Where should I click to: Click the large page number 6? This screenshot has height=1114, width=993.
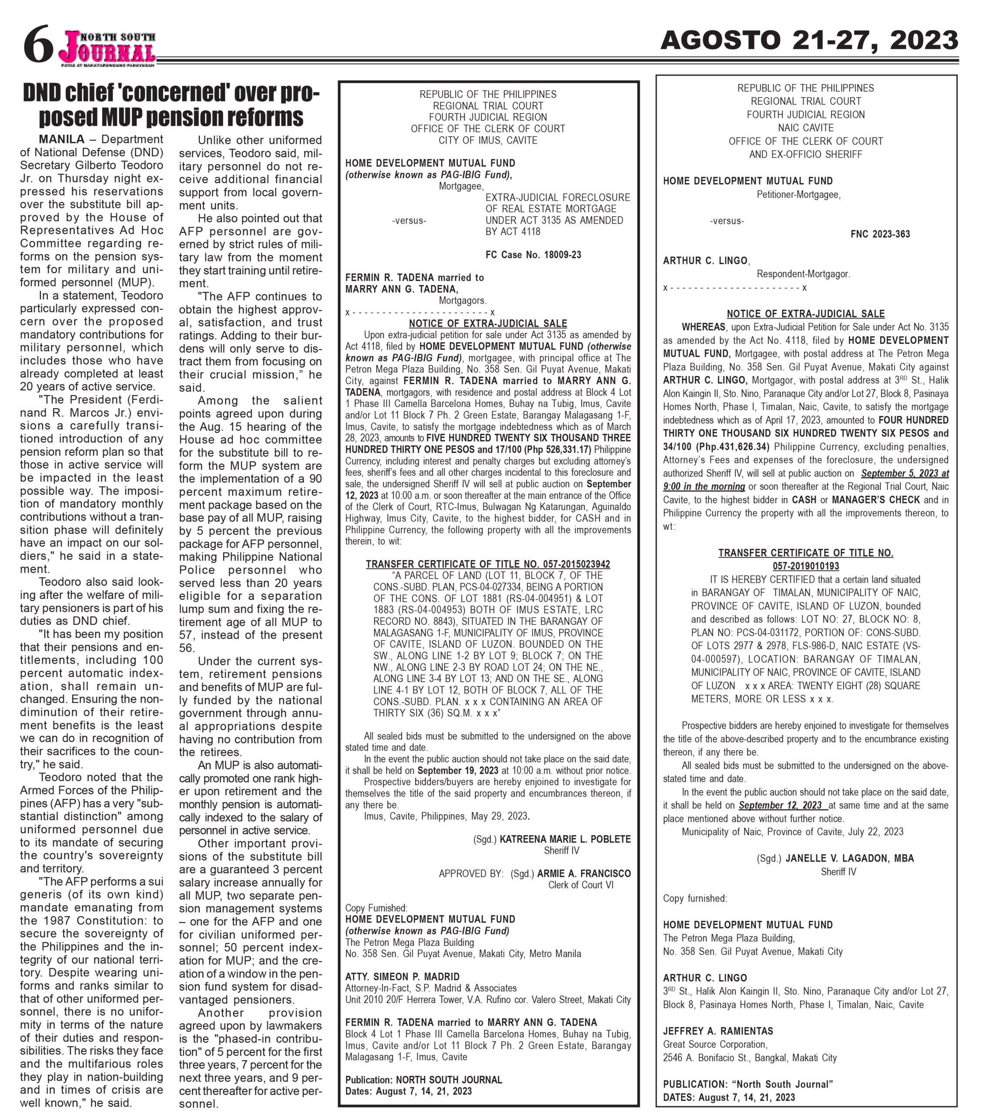coord(38,45)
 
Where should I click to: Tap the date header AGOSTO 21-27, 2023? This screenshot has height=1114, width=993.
coord(808,40)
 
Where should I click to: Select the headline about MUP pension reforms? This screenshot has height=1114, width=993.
coord(171,105)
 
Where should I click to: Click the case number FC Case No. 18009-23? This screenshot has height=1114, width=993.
coord(533,255)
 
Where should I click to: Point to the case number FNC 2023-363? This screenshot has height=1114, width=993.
coord(880,234)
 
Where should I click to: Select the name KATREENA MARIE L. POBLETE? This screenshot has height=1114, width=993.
coord(565,839)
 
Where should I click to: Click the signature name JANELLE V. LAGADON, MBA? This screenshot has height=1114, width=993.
coord(849,858)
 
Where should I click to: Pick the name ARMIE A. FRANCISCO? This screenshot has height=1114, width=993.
coord(584,873)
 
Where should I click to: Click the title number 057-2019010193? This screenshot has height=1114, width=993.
coord(805,566)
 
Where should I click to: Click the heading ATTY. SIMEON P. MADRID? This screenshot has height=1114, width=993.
coord(402,976)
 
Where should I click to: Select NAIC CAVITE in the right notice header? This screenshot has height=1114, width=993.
coord(805,128)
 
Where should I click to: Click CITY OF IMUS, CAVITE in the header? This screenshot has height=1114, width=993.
coord(488,140)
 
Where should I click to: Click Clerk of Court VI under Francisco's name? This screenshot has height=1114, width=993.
coord(580,885)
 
